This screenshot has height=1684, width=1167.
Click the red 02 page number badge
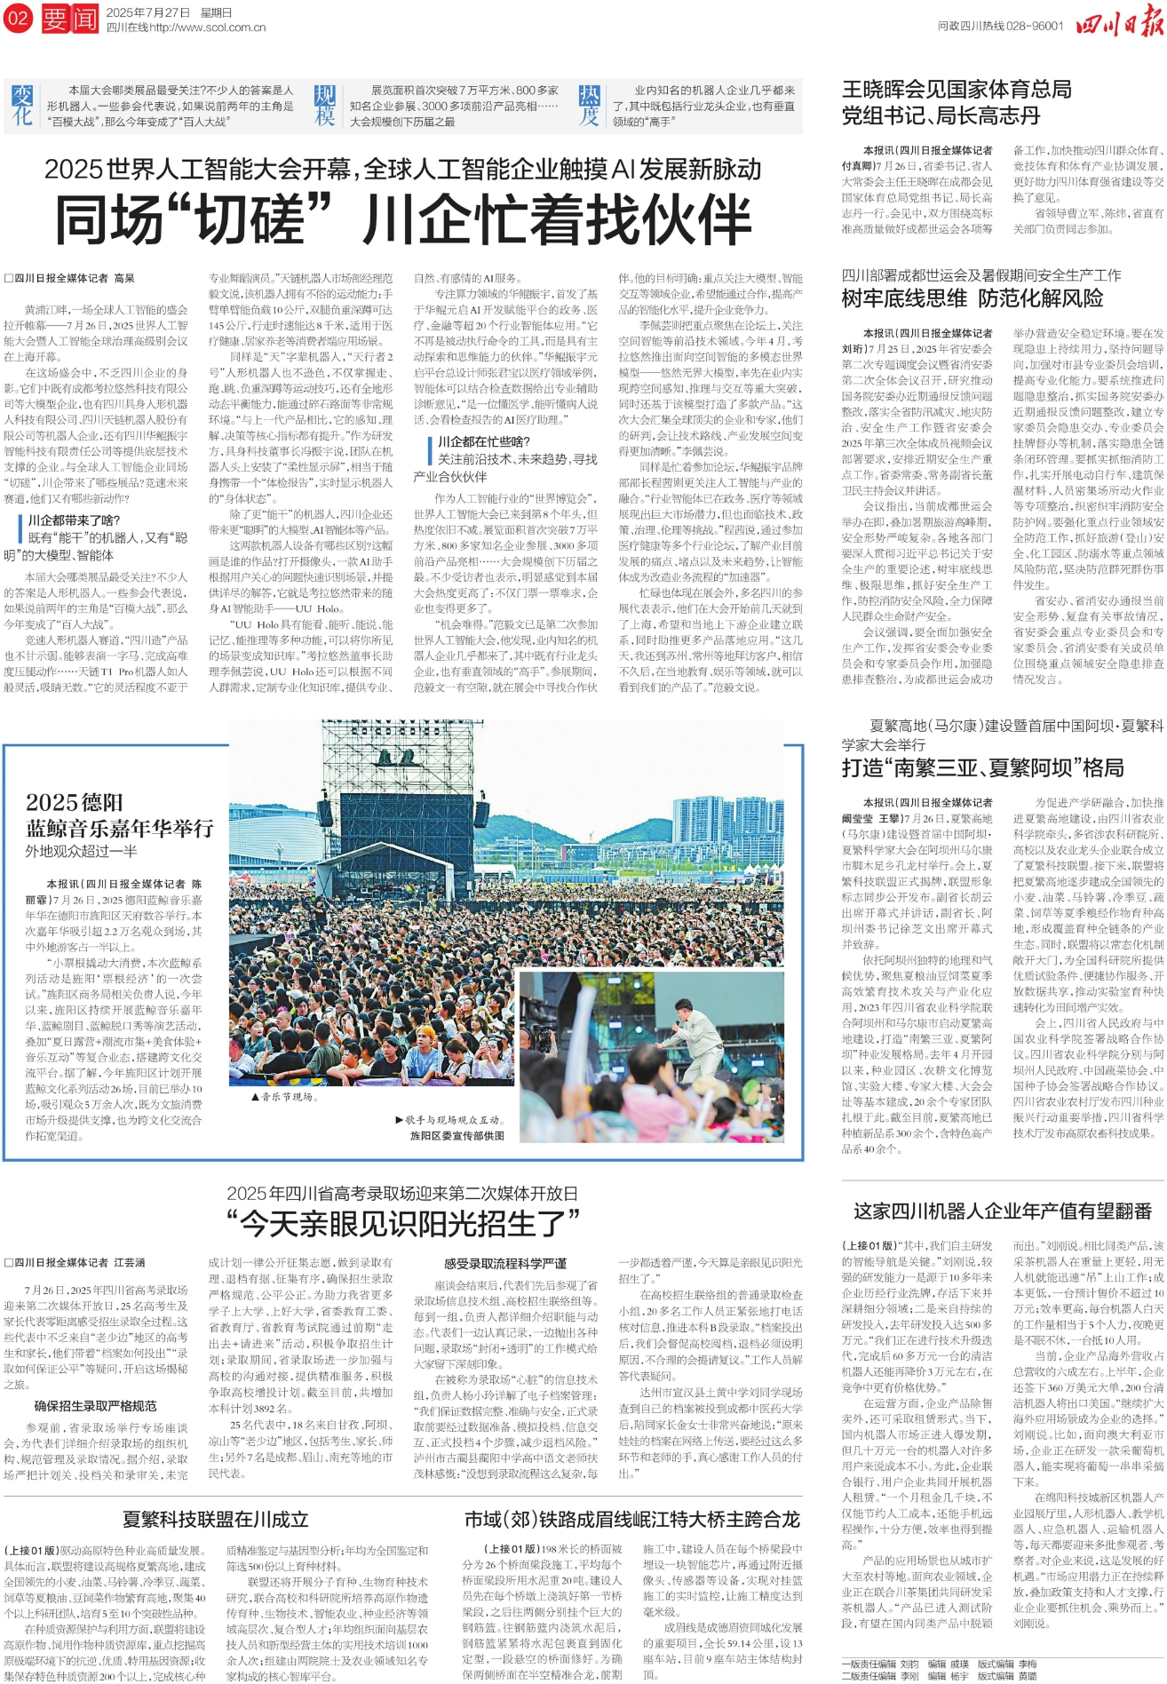coord(18,18)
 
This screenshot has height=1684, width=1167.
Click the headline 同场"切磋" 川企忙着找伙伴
coord(403,219)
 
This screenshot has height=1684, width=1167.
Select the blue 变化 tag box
coord(22,106)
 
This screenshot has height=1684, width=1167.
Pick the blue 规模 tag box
coord(325,106)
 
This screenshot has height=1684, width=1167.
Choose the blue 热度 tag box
coord(589,106)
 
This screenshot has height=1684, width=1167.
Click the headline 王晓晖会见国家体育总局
coord(957,90)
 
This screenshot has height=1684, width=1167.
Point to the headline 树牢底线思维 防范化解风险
coord(972,298)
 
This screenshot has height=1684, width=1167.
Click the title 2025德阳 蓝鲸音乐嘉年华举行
coord(119,815)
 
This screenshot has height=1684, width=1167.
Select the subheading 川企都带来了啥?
coord(74,520)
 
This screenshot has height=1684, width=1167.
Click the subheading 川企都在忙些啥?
coord(483,441)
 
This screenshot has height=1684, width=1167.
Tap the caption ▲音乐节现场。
coord(282,1097)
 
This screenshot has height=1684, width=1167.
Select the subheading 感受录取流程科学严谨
coord(504,1263)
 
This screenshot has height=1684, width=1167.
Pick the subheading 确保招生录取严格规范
coord(95,1406)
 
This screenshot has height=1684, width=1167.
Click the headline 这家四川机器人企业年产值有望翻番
coord(1002,1211)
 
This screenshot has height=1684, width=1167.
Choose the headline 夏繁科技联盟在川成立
coord(215,1519)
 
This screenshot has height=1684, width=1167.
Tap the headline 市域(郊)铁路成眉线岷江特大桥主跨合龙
coord(632,1519)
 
